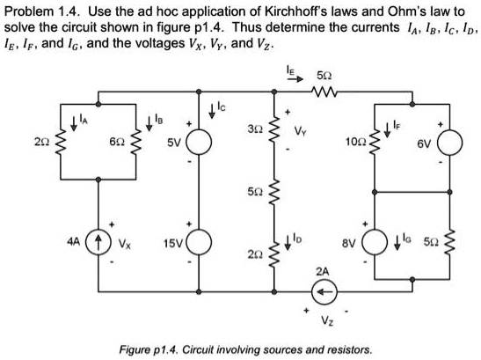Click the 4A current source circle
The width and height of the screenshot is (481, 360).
pos(99,239)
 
